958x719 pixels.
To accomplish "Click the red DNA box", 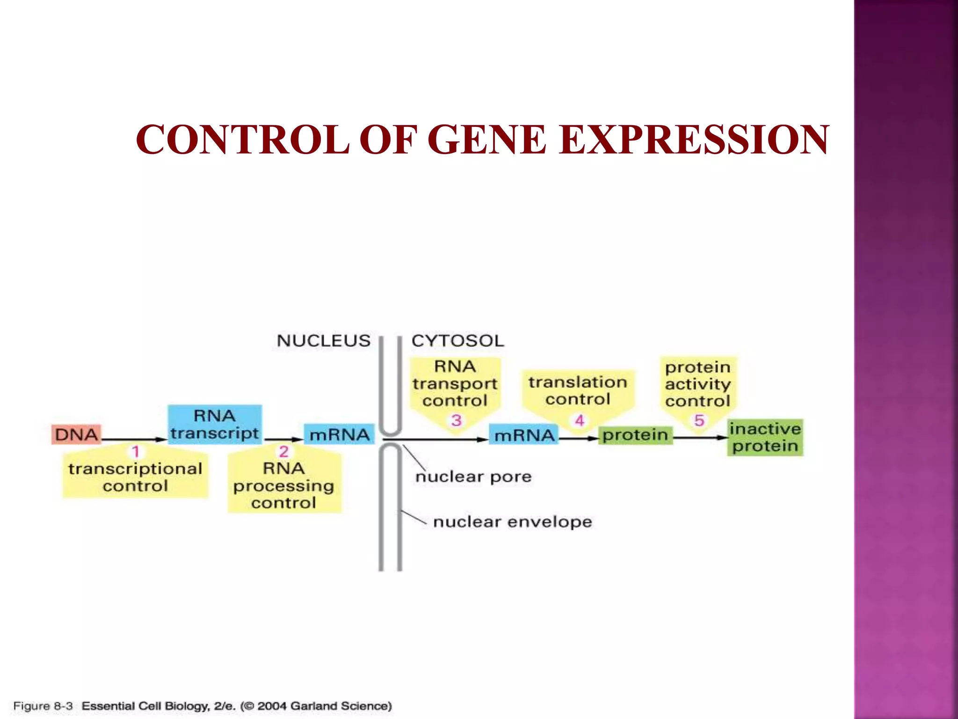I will [76, 434].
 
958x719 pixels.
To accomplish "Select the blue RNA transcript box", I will [215, 424].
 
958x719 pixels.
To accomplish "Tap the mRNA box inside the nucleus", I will [339, 434].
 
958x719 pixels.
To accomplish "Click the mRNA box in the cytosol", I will [524, 435].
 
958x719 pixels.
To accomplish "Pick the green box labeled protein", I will [635, 435].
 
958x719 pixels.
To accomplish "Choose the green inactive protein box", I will [765, 437].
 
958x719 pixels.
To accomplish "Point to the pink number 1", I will [136, 452].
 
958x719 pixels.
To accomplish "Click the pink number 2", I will [283, 452].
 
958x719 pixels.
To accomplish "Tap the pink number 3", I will [456, 420].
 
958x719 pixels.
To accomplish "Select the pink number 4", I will [579, 420].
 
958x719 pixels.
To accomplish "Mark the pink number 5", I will [699, 420].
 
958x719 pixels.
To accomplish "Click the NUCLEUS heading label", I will [323, 341].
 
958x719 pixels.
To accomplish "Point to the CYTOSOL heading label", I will [457, 341].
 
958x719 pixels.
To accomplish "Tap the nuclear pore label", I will [473, 477].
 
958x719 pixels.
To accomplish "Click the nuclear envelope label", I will [512, 522].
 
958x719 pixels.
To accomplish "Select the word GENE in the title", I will [486, 139].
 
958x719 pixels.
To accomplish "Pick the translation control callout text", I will [578, 390].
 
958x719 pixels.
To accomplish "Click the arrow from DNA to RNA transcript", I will [133, 440].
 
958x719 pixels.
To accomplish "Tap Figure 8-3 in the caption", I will [43, 706].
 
